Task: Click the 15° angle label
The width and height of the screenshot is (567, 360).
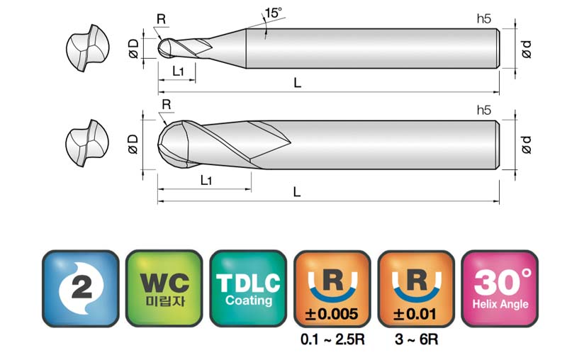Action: click(x=273, y=13)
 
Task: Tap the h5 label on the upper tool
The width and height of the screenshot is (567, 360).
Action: click(x=484, y=19)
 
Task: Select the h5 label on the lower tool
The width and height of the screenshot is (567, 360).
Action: click(x=484, y=111)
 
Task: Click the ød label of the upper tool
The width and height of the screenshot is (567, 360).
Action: click(x=527, y=49)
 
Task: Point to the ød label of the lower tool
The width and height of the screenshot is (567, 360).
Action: click(x=527, y=145)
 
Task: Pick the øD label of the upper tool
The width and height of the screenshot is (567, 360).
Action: click(x=133, y=49)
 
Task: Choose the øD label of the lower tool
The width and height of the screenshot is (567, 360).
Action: click(x=133, y=145)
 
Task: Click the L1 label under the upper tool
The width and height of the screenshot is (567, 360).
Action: click(x=178, y=71)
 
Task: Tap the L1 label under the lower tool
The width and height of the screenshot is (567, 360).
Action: click(x=206, y=180)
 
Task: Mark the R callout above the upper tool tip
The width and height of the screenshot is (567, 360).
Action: click(x=162, y=19)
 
